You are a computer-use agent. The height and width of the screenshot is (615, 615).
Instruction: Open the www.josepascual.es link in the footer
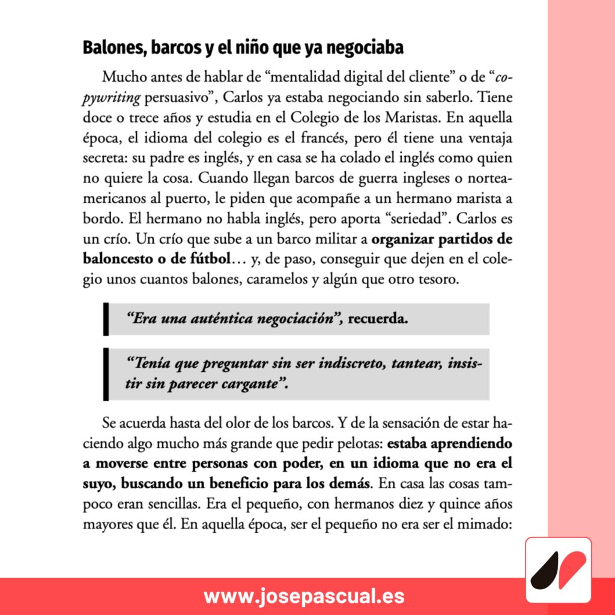pos(304,596)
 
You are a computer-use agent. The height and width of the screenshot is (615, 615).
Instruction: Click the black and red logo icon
pos(558,571)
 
